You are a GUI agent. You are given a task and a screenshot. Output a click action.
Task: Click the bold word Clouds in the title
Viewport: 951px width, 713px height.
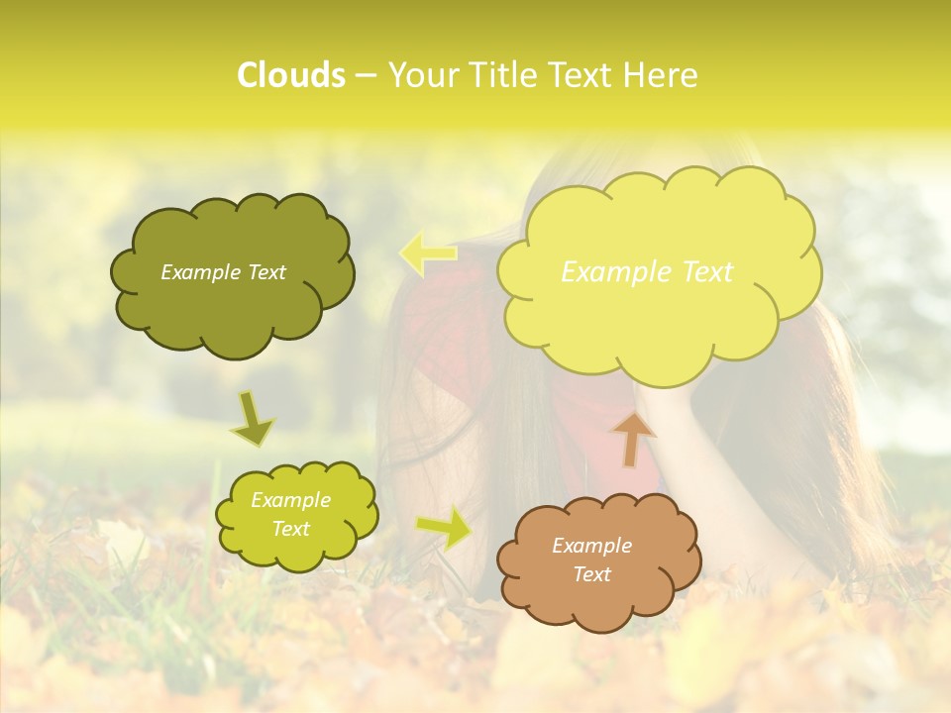pos(291,75)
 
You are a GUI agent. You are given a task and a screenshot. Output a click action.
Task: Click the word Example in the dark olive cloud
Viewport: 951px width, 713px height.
pos(200,272)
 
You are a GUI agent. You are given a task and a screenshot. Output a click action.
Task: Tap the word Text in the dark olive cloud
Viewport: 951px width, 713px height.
pos(265,272)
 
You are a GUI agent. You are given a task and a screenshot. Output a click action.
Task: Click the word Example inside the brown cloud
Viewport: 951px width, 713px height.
pos(591,546)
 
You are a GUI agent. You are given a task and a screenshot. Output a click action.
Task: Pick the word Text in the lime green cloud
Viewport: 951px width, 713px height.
pos(290,529)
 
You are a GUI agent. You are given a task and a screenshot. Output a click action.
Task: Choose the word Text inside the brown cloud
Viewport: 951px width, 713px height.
pos(591,574)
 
